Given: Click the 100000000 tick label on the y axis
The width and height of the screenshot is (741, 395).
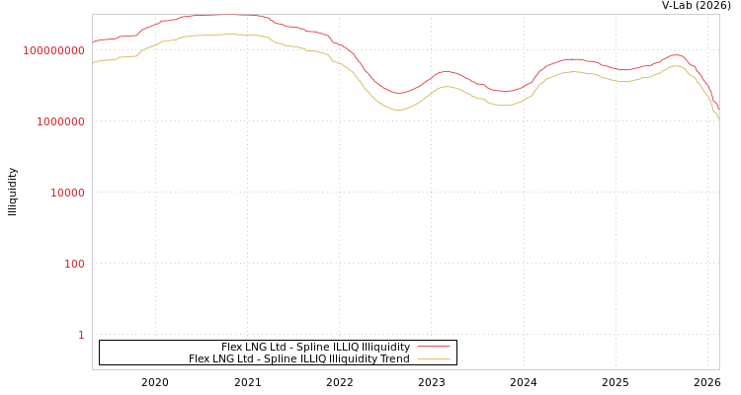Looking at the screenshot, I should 53,50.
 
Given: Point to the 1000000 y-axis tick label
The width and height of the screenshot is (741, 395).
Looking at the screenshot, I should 60,121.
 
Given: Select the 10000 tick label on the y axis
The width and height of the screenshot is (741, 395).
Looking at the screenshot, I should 67,193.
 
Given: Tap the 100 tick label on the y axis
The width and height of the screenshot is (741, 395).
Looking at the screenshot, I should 74,264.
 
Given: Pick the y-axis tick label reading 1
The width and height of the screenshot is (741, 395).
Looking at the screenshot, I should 81,335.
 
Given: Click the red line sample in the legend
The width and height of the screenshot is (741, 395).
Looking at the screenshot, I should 433,348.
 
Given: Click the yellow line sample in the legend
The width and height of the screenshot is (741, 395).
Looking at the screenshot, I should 433,359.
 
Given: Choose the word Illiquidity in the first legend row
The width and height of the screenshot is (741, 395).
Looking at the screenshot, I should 382,348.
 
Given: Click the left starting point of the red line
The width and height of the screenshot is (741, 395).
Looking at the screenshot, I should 93,41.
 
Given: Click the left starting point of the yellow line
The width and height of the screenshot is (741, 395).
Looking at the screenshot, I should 93,62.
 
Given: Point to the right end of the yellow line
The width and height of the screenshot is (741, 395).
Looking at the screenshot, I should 718,118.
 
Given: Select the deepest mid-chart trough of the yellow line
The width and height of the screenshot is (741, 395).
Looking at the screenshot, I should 399,110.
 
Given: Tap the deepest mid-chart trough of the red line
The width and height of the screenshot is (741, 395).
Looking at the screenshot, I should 399,93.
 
